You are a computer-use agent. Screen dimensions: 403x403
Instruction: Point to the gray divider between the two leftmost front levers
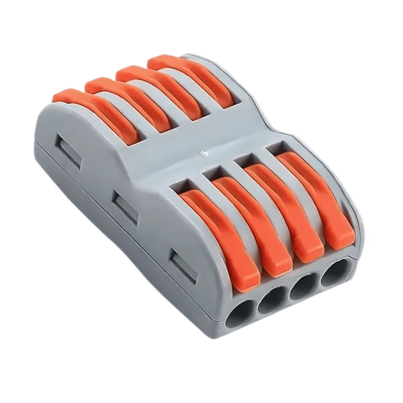click(x=232, y=215)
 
